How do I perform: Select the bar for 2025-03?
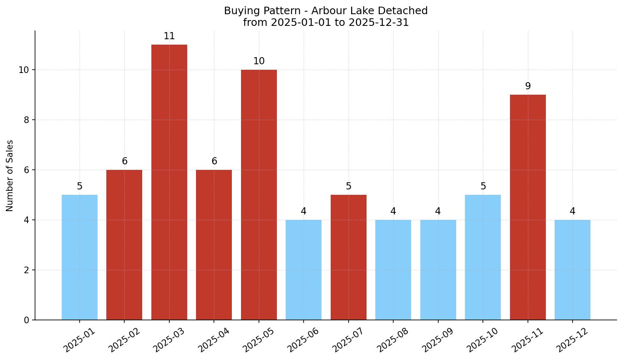point(169,182)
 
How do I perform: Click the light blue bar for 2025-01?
point(80,257)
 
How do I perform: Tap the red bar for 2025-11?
point(528,207)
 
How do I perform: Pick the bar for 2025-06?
point(304,269)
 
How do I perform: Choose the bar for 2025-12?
point(572,269)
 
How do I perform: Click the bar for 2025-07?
point(348,257)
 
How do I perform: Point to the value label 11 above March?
point(169,36)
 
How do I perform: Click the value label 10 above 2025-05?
point(259,61)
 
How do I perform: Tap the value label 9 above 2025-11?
point(528,86)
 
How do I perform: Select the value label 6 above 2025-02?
point(124,161)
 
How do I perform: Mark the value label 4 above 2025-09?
point(438,211)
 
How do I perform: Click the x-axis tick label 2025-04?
point(214,340)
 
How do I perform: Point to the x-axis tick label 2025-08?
point(393,340)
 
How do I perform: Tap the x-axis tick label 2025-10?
point(482,340)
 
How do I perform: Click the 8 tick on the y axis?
point(26,120)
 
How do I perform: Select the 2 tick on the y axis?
point(26,270)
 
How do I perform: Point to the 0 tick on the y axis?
point(26,320)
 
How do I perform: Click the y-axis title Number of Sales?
point(10,176)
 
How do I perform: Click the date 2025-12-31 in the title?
point(379,23)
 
